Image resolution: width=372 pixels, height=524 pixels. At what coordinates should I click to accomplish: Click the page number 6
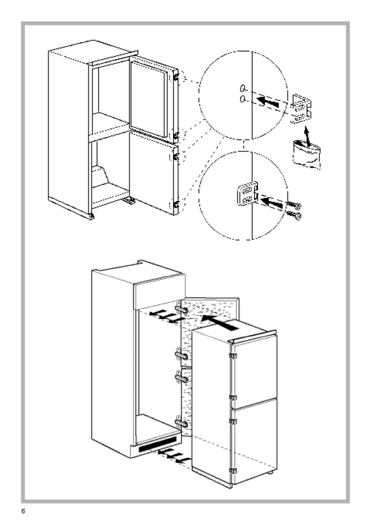(x=23, y=511)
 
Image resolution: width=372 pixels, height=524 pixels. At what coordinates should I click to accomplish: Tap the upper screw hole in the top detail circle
(x=243, y=87)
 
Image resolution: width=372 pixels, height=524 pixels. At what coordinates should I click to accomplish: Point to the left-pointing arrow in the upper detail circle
(x=270, y=103)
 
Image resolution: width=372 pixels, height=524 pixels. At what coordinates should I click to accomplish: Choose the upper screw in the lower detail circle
(x=294, y=205)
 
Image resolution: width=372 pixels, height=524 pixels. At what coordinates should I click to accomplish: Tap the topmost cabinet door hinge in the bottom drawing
(x=182, y=311)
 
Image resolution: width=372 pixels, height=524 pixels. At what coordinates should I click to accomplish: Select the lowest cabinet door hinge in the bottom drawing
(x=182, y=424)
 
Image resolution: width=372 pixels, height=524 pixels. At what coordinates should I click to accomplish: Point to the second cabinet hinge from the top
(x=182, y=355)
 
